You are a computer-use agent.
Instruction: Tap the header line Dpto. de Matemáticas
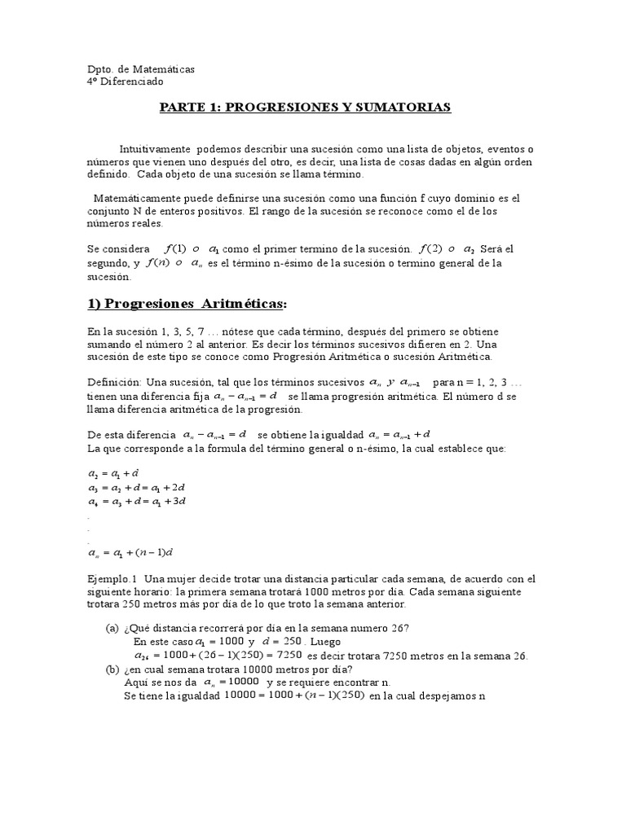point(140,69)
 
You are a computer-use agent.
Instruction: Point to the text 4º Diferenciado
point(125,81)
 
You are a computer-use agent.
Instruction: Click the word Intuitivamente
point(155,150)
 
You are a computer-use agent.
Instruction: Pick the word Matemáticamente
point(138,198)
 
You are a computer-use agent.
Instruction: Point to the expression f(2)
point(431,248)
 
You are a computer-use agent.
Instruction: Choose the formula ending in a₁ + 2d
point(137,487)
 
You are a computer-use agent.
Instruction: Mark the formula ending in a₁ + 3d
point(137,501)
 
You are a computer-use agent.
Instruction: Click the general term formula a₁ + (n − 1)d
point(130,553)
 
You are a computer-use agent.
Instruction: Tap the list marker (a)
point(112,627)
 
